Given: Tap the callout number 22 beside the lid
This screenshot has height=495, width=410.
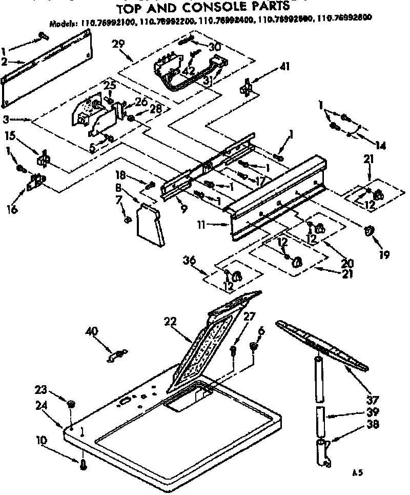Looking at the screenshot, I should pyautogui.click(x=171, y=322).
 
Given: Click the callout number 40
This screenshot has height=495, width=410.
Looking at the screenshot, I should pyautogui.click(x=93, y=332).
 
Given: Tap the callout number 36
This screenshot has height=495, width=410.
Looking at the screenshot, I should pyautogui.click(x=190, y=261).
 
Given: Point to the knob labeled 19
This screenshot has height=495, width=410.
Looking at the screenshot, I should pyautogui.click(x=368, y=231).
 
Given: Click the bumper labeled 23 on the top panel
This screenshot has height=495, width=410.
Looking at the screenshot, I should pyautogui.click(x=71, y=405).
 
